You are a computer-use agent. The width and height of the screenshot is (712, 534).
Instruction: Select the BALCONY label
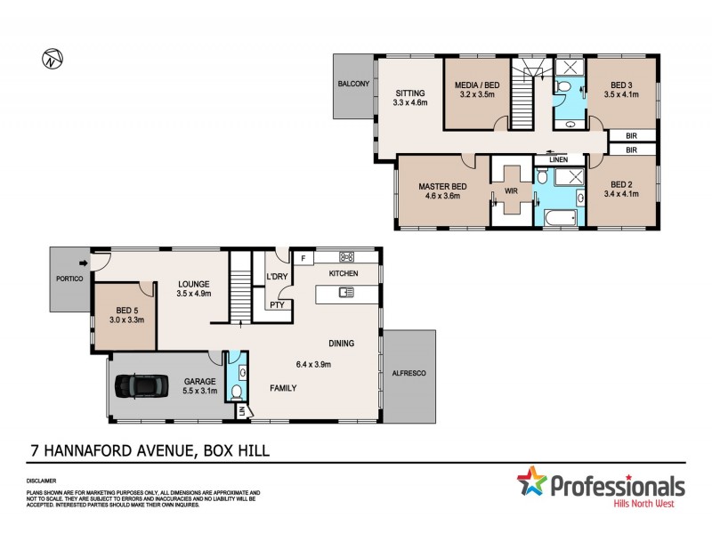point(353,85)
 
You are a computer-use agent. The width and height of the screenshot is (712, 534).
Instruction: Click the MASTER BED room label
point(442,187)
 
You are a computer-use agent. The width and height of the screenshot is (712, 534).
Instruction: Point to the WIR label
point(511,190)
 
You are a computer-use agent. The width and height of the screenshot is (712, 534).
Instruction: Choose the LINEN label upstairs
point(558,159)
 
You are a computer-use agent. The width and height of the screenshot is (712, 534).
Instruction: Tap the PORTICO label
point(68,279)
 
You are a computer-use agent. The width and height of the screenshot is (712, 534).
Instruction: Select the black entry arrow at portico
point(84,263)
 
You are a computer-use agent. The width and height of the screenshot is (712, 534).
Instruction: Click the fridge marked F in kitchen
point(303,259)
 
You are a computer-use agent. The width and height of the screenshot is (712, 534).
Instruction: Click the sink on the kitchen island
point(346,291)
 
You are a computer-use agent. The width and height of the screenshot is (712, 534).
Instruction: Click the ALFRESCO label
point(409,376)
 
